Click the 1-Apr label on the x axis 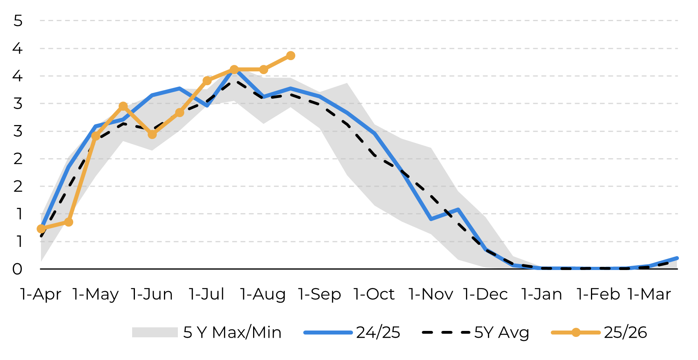(41, 294)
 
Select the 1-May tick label (96, 294)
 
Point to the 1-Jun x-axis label (152, 294)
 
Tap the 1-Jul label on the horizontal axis (207, 294)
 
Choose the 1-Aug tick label (263, 294)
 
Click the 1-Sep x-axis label (320, 294)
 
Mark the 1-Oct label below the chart (374, 294)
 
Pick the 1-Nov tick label (431, 294)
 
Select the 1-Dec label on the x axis (485, 294)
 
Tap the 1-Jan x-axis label (542, 294)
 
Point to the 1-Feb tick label (599, 294)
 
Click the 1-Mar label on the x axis (649, 294)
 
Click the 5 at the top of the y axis (18, 21)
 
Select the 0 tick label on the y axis (18, 269)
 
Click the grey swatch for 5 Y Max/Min (155, 332)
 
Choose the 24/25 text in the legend (378, 332)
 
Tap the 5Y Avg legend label (501, 332)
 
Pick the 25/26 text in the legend (625, 332)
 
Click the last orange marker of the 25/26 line (291, 56)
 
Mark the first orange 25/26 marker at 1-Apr (41, 229)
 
